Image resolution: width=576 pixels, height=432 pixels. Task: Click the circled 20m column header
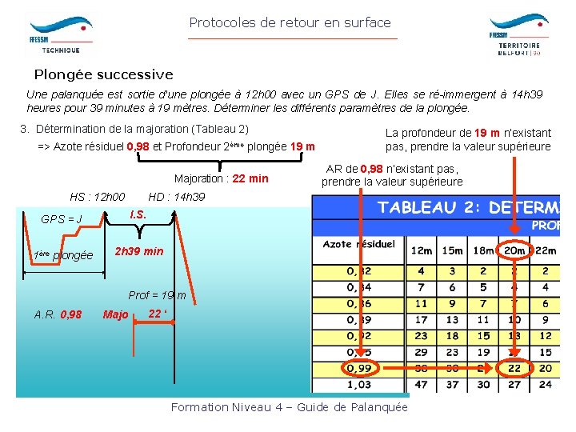click(x=514, y=250)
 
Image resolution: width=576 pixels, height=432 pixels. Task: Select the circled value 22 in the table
click(x=514, y=367)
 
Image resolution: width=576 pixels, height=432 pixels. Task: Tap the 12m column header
click(x=422, y=250)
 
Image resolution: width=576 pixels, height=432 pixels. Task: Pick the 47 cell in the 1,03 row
click(x=422, y=384)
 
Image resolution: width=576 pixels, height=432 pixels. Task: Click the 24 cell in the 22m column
click(x=546, y=384)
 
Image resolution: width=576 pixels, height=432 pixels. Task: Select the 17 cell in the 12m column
click(x=422, y=320)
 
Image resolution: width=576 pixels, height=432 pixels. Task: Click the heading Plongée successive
click(x=103, y=74)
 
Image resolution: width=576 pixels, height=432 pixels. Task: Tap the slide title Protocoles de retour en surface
click(x=290, y=22)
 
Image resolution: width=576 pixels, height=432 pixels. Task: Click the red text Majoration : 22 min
click(x=222, y=178)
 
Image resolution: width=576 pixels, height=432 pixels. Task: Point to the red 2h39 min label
click(x=139, y=251)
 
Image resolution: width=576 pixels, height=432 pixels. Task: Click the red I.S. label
click(x=138, y=214)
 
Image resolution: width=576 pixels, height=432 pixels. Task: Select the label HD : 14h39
click(x=176, y=197)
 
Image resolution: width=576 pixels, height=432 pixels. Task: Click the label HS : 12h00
click(x=98, y=197)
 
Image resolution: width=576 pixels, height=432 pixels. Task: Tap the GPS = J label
click(x=62, y=218)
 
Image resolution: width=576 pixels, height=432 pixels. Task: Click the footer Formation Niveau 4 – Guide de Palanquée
click(x=289, y=407)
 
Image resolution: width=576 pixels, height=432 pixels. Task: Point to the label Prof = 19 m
click(x=157, y=295)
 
